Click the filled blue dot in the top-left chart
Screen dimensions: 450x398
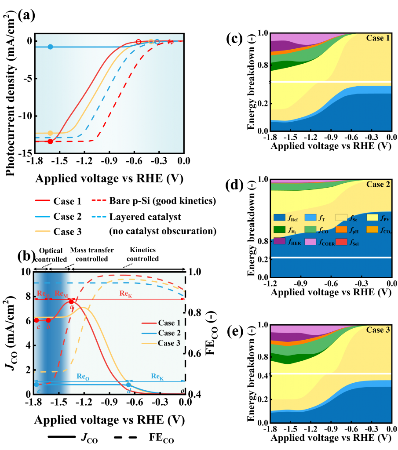tap(50, 47)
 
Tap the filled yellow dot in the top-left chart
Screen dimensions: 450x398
tap(50, 133)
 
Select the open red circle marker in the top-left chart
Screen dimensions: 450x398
tap(139, 42)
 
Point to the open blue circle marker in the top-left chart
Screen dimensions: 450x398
tap(157, 42)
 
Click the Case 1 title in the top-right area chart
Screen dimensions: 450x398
tap(378, 38)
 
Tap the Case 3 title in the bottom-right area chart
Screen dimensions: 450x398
tap(378, 330)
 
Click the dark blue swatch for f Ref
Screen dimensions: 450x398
tap(279, 218)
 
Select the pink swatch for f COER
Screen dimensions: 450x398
tap(310, 241)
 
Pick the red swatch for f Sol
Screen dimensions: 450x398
tap(341, 241)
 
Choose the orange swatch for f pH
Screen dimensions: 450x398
tap(341, 229)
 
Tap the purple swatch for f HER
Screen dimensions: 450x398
tap(279, 241)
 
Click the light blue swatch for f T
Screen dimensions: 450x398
tap(310, 218)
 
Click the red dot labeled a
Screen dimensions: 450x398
tap(71, 301)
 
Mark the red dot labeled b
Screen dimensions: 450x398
tap(48, 320)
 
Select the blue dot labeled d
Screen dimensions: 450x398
tap(128, 385)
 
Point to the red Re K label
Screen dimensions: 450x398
tap(125, 293)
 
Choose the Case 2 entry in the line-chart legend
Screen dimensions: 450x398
tap(169, 333)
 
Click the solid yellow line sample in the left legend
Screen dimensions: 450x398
tap(43, 231)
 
